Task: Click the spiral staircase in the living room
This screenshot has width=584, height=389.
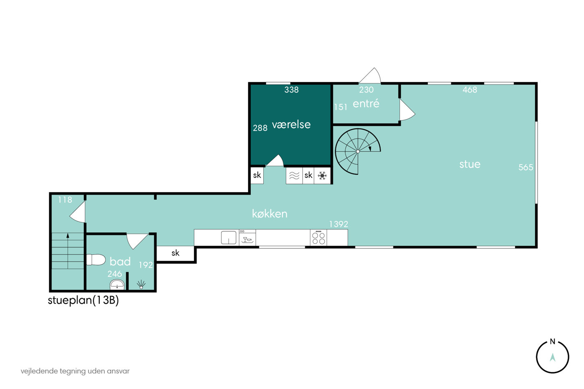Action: pos(358,151)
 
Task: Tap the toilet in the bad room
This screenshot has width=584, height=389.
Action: pos(96,260)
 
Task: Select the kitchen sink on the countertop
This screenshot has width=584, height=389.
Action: pos(229,237)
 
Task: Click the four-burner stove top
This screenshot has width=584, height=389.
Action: pos(318,237)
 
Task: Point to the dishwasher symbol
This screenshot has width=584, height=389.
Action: pos(247,237)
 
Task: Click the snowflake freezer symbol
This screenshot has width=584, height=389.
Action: pos(322,176)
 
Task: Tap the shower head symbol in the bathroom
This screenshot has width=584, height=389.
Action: pos(141,284)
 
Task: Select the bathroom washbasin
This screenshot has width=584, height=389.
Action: pos(117,284)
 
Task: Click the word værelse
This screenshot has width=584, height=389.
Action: pos(291,125)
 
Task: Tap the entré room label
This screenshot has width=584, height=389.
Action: pos(366,103)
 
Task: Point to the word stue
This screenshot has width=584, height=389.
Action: pos(470,164)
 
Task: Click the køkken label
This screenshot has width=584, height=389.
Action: pos(269,213)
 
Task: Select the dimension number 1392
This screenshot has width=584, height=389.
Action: pos(338,224)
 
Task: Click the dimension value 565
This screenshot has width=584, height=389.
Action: pos(526,167)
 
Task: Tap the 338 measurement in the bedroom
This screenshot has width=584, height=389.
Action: pos(291,90)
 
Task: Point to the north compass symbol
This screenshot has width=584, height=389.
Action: pos(552,356)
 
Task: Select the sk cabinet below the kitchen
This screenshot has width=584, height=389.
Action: pos(176,253)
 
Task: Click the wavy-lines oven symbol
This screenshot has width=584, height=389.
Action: pos(294,176)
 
